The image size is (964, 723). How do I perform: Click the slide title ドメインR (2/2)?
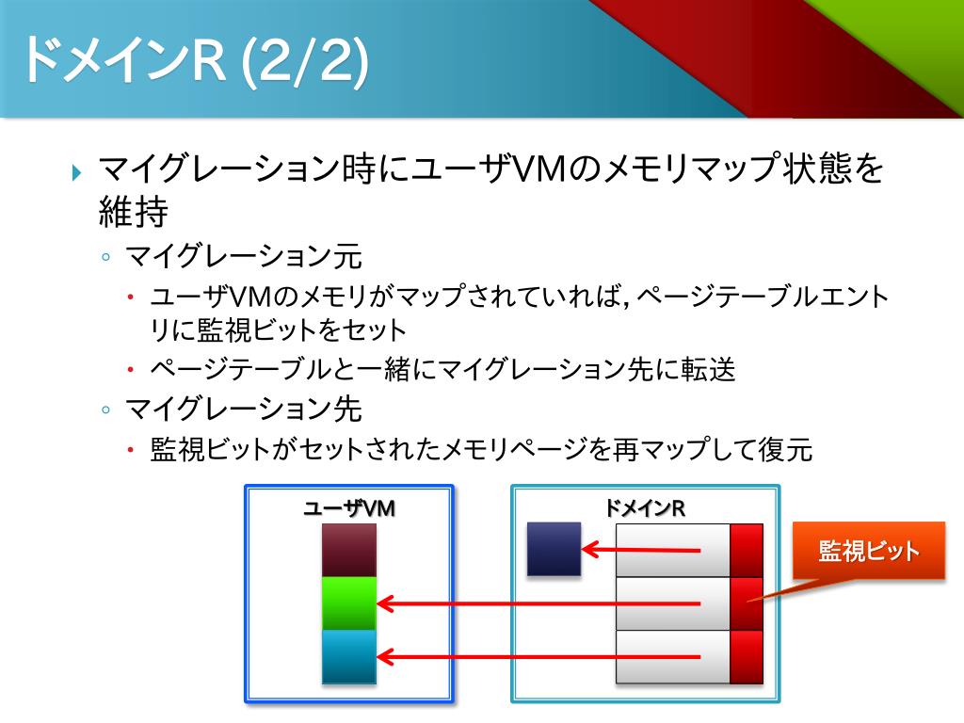click(x=193, y=61)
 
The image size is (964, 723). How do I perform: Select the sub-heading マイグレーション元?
click(x=244, y=255)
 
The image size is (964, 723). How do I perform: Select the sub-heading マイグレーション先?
click(x=244, y=410)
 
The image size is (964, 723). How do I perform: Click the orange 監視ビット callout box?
click(x=868, y=552)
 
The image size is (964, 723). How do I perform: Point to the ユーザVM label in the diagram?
click(x=348, y=508)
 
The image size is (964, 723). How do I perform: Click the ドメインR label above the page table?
click(x=645, y=508)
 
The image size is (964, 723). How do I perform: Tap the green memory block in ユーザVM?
click(x=348, y=603)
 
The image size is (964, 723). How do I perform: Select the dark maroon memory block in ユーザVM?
click(x=348, y=551)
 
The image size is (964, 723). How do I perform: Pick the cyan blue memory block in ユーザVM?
click(x=348, y=656)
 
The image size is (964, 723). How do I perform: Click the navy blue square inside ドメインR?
click(x=554, y=549)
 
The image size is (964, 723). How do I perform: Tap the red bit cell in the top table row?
click(x=746, y=550)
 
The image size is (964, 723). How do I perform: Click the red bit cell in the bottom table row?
click(x=746, y=656)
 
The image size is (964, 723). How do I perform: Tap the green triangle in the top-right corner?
click(x=904, y=38)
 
